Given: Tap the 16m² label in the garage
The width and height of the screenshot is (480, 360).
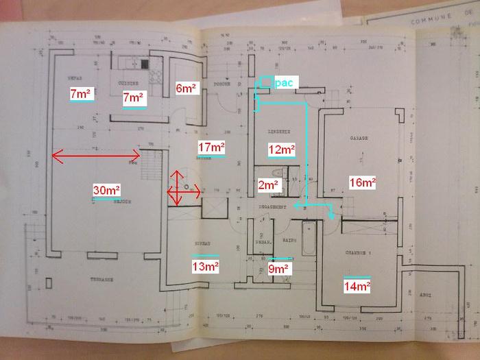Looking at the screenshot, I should [362, 182].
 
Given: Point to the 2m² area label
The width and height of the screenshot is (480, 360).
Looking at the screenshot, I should [267, 184].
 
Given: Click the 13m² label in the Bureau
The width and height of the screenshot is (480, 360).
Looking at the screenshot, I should [206, 265].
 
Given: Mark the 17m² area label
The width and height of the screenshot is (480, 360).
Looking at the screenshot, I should [212, 147].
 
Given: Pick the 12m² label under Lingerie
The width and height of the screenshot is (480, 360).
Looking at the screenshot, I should [282, 148].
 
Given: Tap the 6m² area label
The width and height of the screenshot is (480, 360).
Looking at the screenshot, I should [187, 88].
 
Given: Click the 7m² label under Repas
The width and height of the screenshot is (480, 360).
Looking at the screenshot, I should [81, 95].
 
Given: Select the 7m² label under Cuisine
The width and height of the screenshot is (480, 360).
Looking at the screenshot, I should [134, 98].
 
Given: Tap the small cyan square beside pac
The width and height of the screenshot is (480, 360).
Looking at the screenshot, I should [265, 82].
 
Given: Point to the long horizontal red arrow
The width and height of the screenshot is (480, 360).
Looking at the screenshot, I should [96, 157].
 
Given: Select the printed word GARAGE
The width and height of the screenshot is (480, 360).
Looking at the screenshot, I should [359, 139].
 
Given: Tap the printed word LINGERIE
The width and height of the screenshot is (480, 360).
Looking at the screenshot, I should [280, 131].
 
